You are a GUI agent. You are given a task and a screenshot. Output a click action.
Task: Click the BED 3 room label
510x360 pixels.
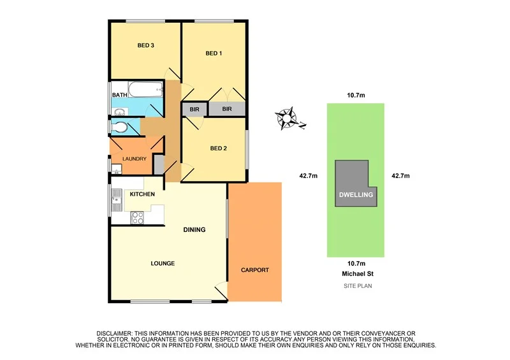click(x=147, y=45)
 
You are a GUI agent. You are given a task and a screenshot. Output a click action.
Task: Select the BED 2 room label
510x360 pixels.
click(x=219, y=148)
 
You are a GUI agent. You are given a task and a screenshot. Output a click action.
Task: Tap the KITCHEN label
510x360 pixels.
click(x=143, y=193)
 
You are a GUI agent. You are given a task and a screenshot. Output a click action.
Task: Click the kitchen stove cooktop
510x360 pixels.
click(x=137, y=217)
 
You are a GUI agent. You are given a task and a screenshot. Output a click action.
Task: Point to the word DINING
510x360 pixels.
click(x=194, y=229)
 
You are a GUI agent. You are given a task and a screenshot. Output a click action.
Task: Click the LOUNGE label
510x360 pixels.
click(x=163, y=263)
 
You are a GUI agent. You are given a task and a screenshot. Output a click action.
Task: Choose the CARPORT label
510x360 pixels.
click(x=254, y=270)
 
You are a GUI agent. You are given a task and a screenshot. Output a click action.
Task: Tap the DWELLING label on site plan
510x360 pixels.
click(x=356, y=195)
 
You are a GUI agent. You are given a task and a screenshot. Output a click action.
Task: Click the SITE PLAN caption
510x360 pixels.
click(x=356, y=286)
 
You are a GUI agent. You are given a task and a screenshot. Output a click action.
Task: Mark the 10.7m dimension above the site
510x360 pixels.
click(x=356, y=96)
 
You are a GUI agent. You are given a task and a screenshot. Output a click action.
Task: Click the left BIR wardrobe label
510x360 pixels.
click(x=194, y=110)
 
